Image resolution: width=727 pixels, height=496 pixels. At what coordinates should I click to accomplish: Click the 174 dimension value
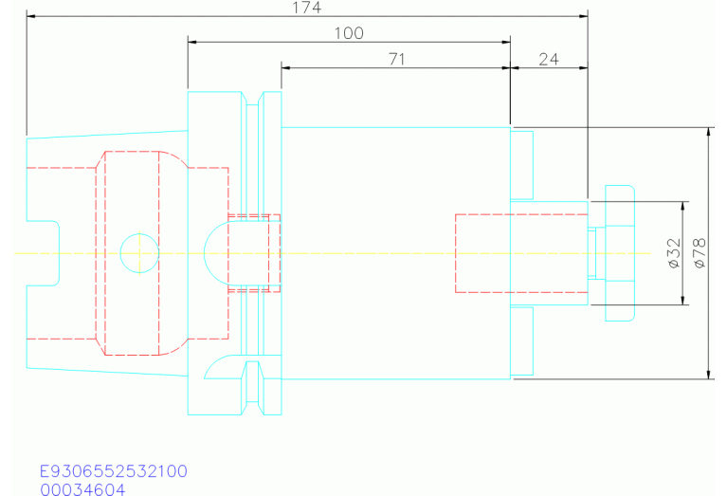coord(307,8)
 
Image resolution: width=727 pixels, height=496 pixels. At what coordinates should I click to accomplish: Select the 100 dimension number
coord(349,32)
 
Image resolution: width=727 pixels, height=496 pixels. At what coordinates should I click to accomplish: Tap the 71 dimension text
coord(397,59)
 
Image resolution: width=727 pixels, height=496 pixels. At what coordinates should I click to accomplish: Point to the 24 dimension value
coord(549,59)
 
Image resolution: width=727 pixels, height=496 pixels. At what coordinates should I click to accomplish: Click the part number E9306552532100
coord(113,471)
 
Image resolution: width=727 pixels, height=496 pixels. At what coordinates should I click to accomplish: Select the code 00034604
coord(82,488)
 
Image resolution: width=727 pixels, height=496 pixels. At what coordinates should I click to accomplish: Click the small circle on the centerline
coord(138,252)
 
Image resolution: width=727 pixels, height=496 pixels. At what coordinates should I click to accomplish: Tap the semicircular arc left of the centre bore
coord(214,252)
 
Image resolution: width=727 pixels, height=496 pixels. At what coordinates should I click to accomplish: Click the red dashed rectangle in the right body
coord(482,253)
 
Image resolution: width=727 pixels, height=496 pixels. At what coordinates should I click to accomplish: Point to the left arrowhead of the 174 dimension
coord(31,16)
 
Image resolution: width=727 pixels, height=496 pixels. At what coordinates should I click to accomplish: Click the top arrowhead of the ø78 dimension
coord(710,131)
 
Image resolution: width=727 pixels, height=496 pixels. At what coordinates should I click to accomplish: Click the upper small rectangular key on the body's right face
coord(522,162)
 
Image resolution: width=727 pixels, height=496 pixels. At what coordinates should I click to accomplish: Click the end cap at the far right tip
coord(618,252)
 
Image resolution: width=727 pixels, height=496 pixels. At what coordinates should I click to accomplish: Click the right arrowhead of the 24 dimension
coord(583,67)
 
